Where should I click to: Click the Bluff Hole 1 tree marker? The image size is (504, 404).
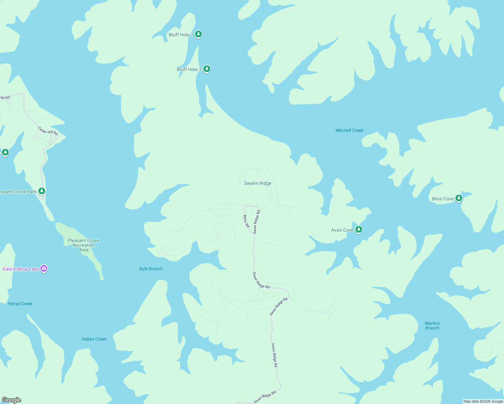click(x=198, y=34)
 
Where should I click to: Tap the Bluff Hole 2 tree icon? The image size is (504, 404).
click(x=207, y=69)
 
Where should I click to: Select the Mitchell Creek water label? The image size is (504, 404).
click(x=349, y=130)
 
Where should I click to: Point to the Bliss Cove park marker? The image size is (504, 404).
click(x=459, y=198)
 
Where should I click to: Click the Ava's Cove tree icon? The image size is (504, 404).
click(x=359, y=229)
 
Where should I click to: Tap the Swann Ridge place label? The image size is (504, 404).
click(x=258, y=183)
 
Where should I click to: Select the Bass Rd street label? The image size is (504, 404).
click(x=246, y=221)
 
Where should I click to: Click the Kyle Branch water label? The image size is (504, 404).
click(x=151, y=269)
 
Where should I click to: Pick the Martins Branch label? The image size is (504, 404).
click(x=432, y=326)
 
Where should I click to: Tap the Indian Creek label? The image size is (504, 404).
click(x=94, y=339)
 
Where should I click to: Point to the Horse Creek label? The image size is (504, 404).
click(x=20, y=304)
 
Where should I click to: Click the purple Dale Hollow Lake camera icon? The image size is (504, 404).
click(x=44, y=268)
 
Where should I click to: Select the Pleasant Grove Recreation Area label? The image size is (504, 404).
click(x=84, y=245)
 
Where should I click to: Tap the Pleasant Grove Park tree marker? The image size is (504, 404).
click(x=42, y=191)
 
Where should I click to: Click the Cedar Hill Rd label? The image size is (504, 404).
click(x=48, y=131)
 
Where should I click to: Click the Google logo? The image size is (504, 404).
click(x=11, y=400)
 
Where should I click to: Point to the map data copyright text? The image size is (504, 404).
click(x=483, y=401)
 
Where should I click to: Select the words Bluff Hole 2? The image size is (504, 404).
click(x=189, y=69)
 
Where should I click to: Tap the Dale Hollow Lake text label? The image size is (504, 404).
click(x=21, y=269)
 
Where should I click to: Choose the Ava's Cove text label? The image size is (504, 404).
click(x=342, y=230)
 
